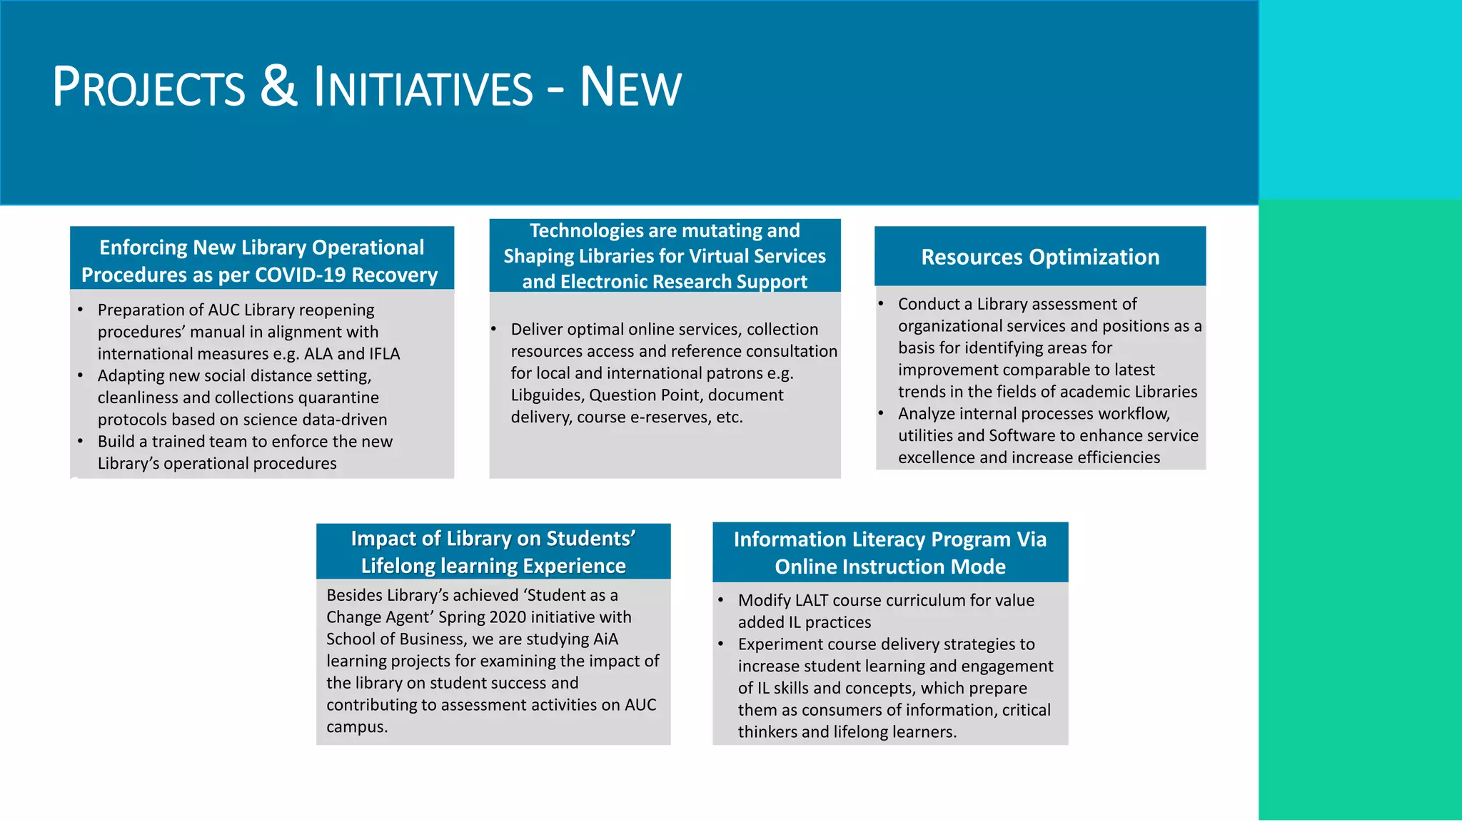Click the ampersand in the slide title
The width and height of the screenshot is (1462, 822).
point(278,86)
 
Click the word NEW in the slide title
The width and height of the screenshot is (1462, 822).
point(630,88)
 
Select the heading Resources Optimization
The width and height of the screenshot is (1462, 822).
point(1040,257)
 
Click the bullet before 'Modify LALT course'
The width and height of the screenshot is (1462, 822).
point(721,601)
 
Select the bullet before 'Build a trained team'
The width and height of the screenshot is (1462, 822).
point(80,442)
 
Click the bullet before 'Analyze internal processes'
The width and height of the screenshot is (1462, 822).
point(881,414)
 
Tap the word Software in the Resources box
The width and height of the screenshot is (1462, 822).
point(1019,436)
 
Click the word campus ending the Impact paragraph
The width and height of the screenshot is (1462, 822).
point(356,727)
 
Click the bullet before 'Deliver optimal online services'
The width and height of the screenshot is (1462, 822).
point(493,330)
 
